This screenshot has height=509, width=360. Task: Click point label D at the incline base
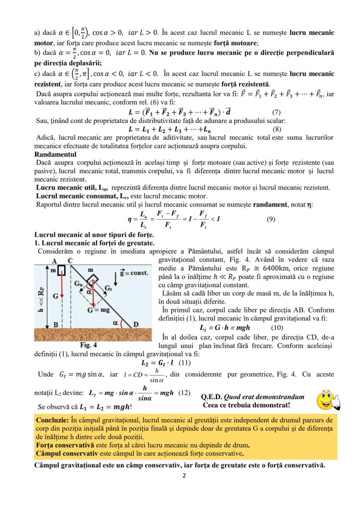click(136, 324)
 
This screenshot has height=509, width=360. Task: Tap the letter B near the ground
click(56, 325)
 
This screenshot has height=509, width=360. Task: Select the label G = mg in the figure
click(99, 310)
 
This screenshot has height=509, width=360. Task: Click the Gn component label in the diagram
click(78, 284)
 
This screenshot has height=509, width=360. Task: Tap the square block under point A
click(62, 270)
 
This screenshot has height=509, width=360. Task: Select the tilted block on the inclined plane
click(93, 279)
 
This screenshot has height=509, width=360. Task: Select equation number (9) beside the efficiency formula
click(271, 219)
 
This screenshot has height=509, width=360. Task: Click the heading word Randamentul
click(55, 154)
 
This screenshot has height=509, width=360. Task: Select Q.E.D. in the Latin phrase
click(212, 397)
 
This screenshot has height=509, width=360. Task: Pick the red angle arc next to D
click(121, 324)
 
